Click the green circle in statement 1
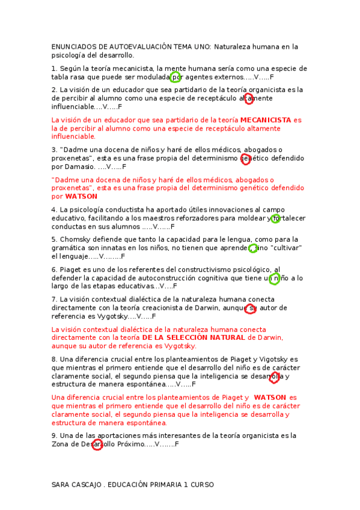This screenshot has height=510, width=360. click(175, 77)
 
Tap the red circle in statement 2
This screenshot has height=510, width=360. click(249, 99)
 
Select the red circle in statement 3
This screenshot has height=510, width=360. click(245, 159)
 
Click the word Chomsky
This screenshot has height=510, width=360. click(75, 239)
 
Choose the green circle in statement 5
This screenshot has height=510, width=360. click(253, 248)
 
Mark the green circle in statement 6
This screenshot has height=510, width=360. click(274, 278)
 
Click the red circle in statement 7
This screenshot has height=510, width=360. click(251, 309)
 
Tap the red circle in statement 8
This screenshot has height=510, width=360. click(274, 377)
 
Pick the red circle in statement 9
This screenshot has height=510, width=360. click(97, 444)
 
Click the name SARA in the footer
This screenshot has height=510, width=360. click(61, 484)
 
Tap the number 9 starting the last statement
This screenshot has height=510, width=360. click(54, 435)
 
